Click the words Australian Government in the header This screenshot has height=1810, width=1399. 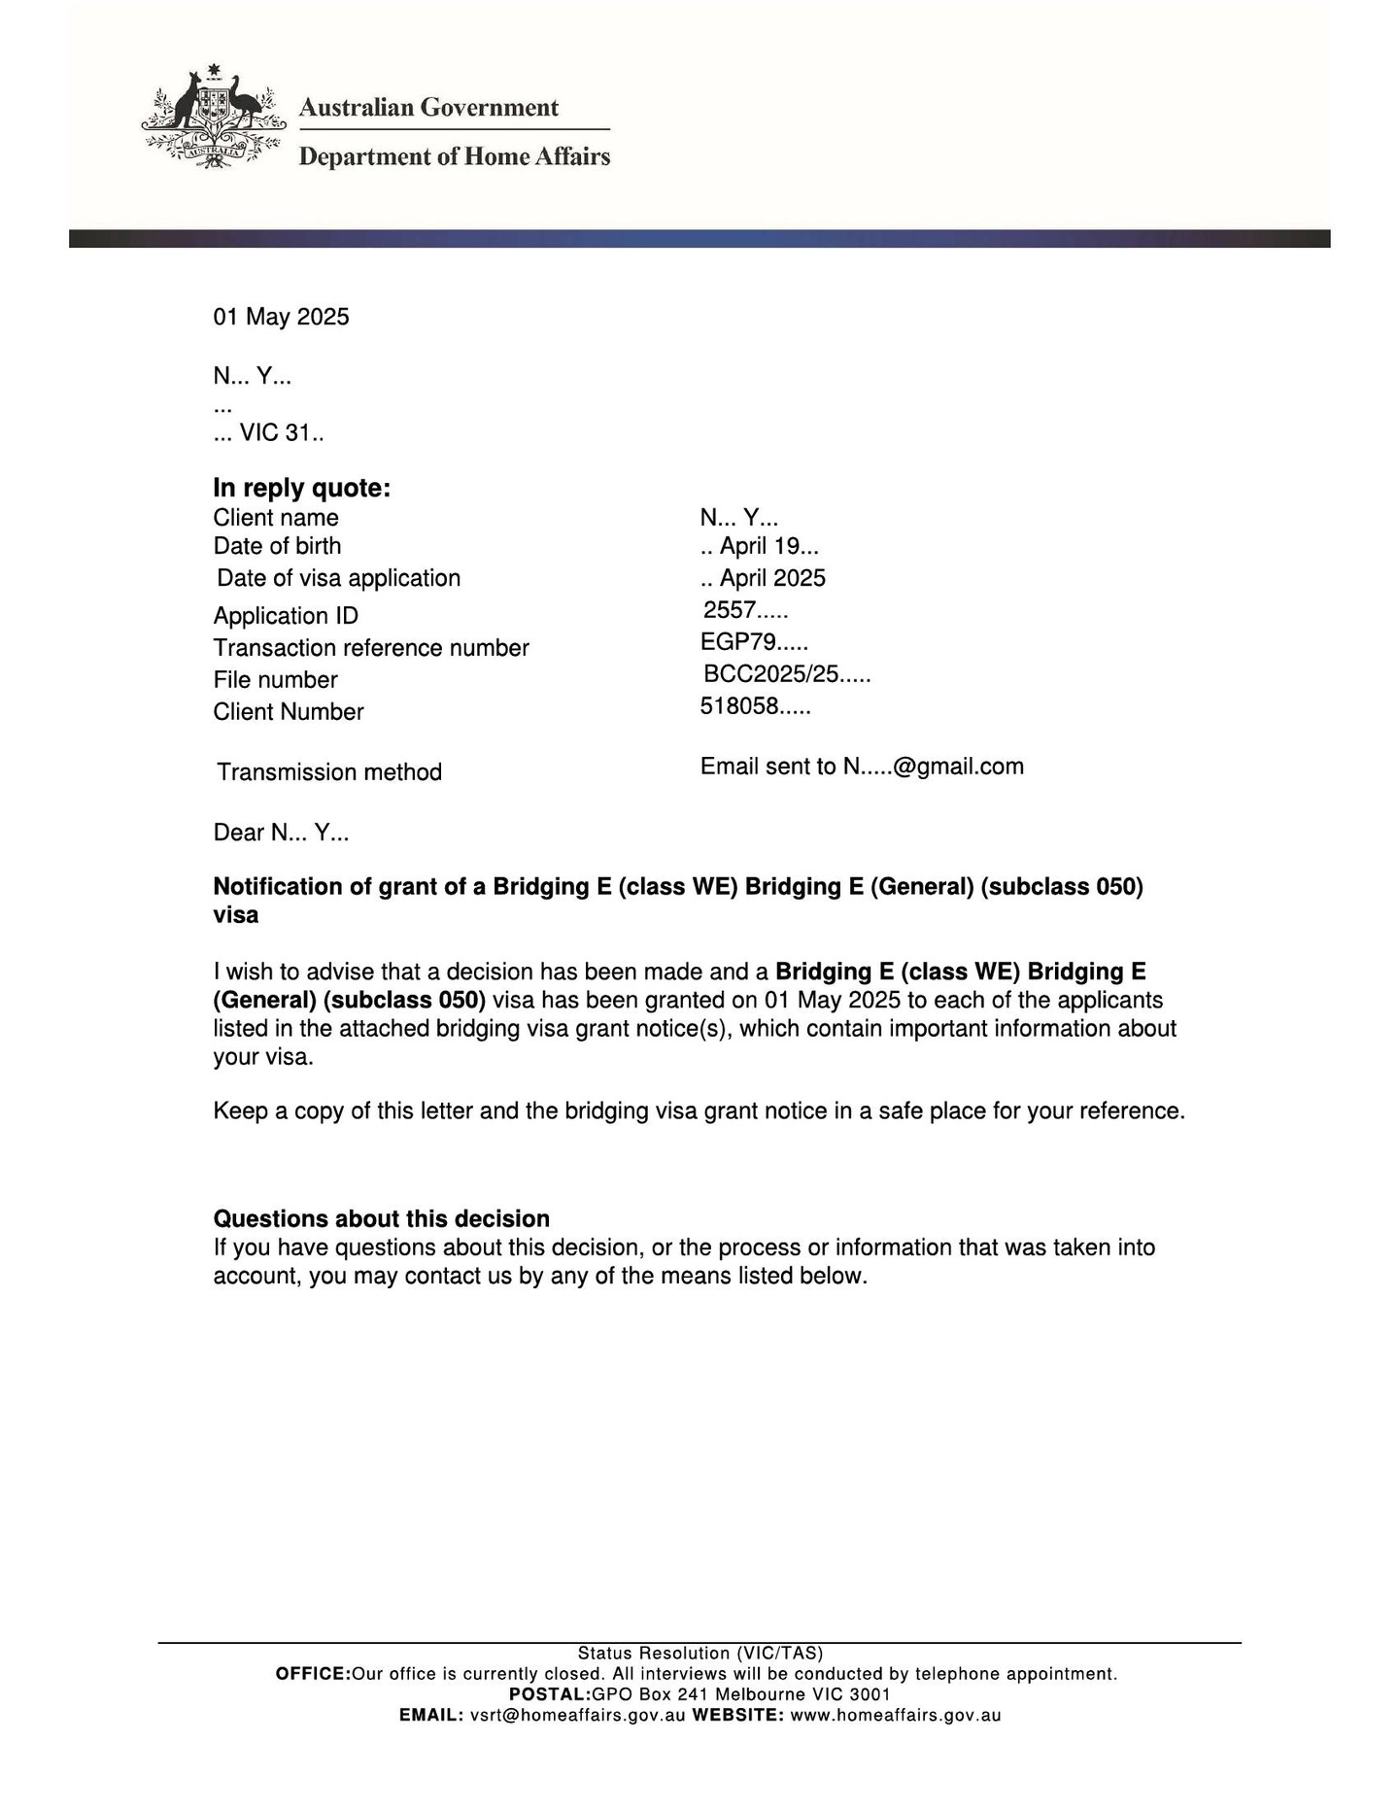(x=428, y=107)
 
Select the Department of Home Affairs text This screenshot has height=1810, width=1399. (x=454, y=156)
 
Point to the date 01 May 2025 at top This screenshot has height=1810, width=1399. (x=281, y=317)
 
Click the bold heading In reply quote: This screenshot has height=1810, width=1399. (x=301, y=488)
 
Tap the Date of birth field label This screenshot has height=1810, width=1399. (x=277, y=546)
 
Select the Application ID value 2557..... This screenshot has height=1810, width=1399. (x=745, y=610)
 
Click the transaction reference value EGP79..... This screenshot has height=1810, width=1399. (x=754, y=642)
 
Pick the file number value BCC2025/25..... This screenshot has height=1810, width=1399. (x=787, y=674)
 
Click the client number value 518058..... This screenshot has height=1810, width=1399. (x=755, y=706)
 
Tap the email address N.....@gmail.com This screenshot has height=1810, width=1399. (x=933, y=767)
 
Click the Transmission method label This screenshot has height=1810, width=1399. (x=329, y=772)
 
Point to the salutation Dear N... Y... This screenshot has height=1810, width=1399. (x=281, y=833)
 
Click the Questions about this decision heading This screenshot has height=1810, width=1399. (x=381, y=1218)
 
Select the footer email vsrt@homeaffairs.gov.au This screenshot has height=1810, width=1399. (x=577, y=1716)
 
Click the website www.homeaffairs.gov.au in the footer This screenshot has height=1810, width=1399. (x=895, y=1716)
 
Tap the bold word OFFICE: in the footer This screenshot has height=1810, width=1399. (x=313, y=1674)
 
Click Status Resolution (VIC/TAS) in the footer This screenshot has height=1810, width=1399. (x=699, y=1654)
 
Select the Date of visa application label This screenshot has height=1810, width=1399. (x=338, y=578)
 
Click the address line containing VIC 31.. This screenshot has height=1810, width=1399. (x=269, y=433)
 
